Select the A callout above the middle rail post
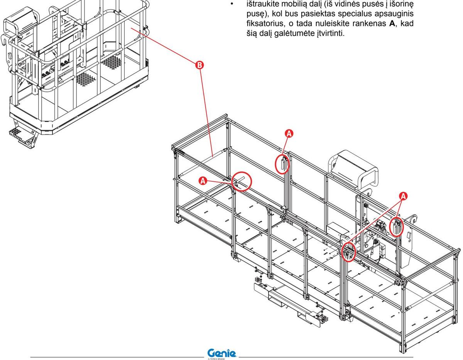click(289, 134)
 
